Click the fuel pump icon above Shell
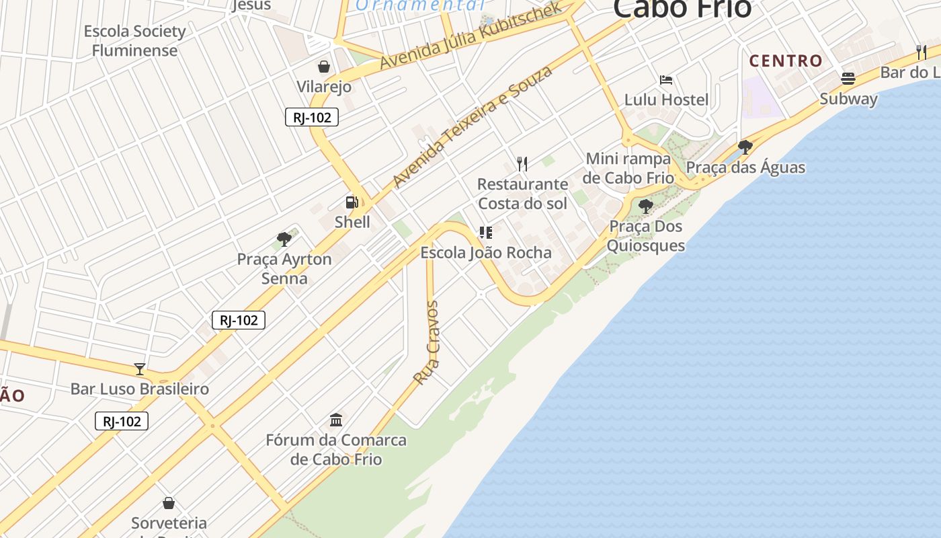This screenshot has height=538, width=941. pyautogui.click(x=352, y=202)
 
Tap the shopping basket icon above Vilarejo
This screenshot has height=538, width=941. pyautogui.click(x=324, y=66)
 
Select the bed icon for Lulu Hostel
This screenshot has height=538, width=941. pyautogui.click(x=666, y=80)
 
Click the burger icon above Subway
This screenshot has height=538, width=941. pyautogui.click(x=848, y=79)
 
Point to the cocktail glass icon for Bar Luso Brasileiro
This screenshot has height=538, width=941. pyautogui.click(x=140, y=369)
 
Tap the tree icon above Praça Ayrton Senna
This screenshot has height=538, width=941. pyautogui.click(x=284, y=239)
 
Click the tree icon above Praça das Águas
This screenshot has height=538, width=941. pyautogui.click(x=745, y=147)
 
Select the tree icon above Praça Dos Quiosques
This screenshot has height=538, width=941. pyautogui.click(x=646, y=206)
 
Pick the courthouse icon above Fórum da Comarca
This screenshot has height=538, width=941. pyautogui.click(x=336, y=420)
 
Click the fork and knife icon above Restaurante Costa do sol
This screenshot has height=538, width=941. pyautogui.click(x=522, y=163)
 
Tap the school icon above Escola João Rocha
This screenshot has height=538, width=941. pyautogui.click(x=486, y=233)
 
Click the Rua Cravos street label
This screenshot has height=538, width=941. pyautogui.click(x=426, y=343)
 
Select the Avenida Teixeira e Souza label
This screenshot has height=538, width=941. pyautogui.click(x=473, y=126)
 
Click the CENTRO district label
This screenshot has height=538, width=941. pyautogui.click(x=786, y=61)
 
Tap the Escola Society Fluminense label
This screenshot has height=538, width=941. pyautogui.click(x=134, y=40)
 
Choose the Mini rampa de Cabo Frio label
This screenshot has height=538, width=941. pyautogui.click(x=628, y=168)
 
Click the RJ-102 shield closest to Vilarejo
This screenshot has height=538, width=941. pyautogui.click(x=312, y=117)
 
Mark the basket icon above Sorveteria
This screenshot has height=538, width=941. pyautogui.click(x=169, y=503)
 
